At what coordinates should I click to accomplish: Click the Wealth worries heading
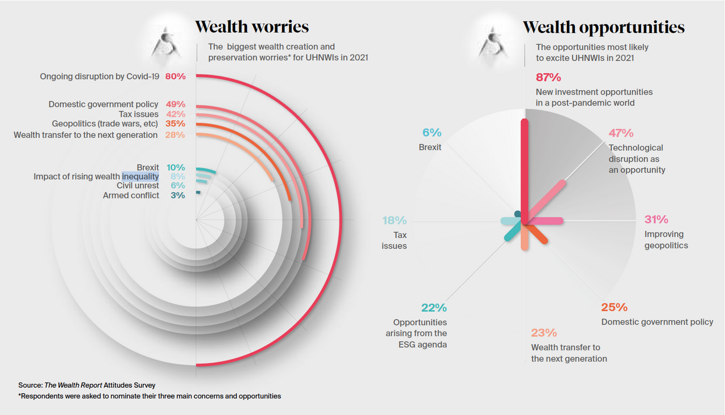(x=251, y=27)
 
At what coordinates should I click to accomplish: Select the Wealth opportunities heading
(x=603, y=27)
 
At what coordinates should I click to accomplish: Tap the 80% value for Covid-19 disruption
(x=176, y=76)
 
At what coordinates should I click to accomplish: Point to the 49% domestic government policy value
(x=176, y=104)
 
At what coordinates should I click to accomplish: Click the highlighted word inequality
(x=140, y=176)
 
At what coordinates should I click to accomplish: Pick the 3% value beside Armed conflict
(x=178, y=196)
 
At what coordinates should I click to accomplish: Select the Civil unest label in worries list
(x=138, y=186)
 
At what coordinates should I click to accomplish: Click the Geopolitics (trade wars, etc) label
(x=105, y=124)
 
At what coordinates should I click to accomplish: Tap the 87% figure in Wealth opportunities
(x=548, y=77)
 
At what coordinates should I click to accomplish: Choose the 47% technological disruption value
(x=621, y=133)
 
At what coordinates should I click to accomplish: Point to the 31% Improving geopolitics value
(x=656, y=219)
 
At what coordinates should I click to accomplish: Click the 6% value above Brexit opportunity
(x=432, y=133)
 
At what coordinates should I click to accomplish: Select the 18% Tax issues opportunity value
(x=394, y=221)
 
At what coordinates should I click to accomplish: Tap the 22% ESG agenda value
(x=434, y=308)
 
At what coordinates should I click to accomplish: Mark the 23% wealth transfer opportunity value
(x=544, y=333)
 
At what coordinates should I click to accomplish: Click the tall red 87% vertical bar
(x=524, y=170)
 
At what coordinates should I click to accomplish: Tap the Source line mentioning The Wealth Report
(x=87, y=385)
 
